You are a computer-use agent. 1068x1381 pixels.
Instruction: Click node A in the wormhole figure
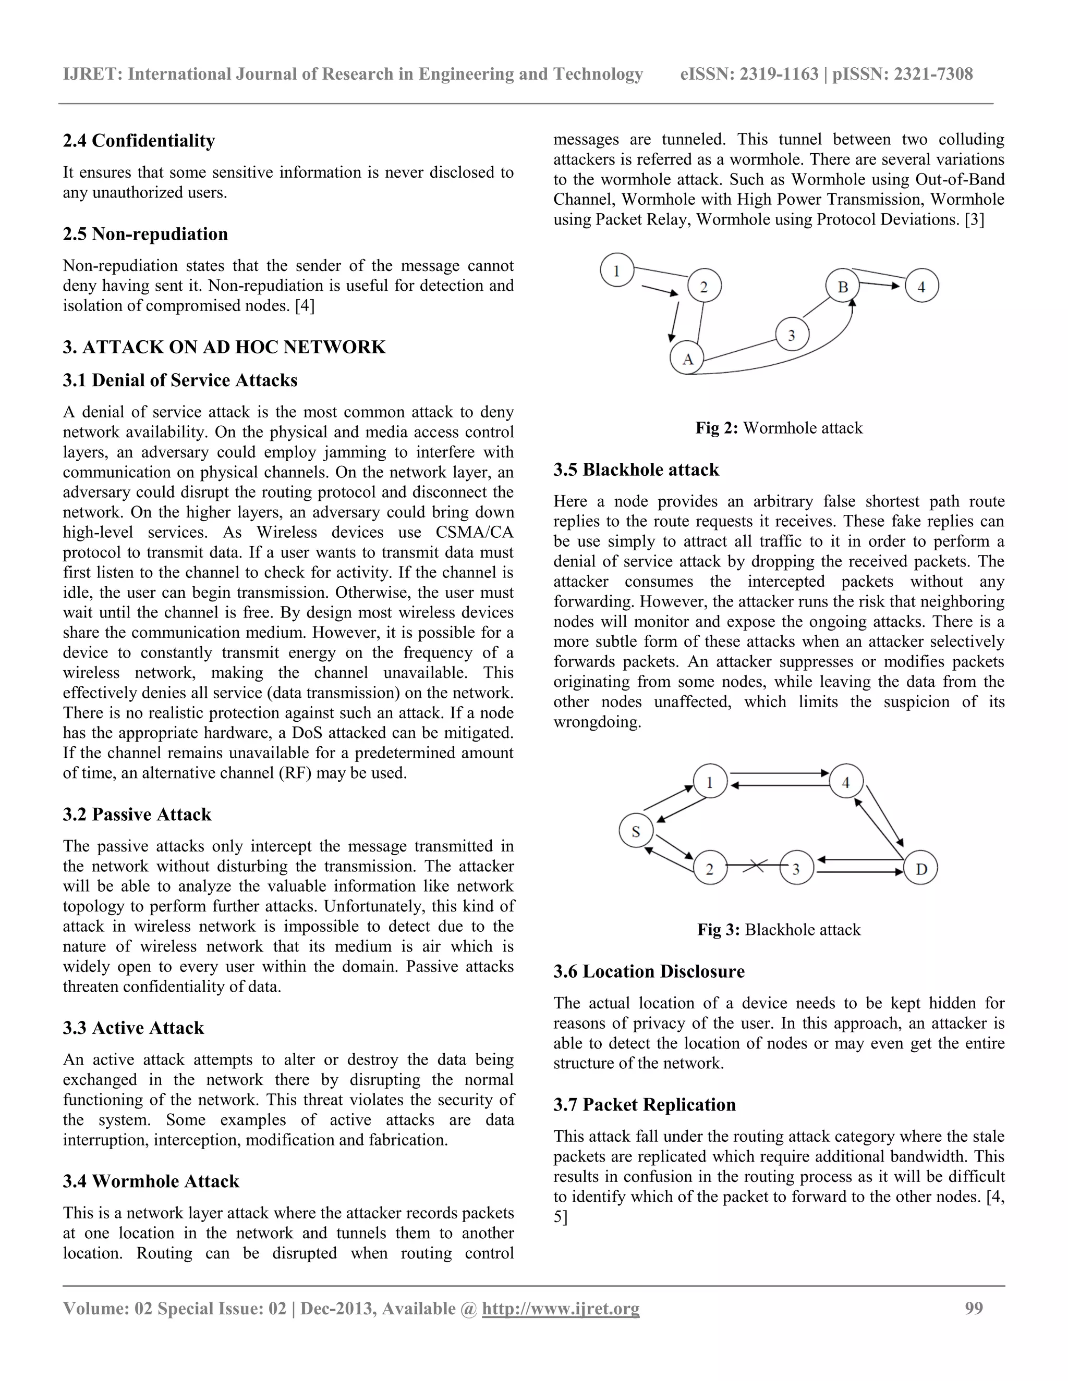pos(687,358)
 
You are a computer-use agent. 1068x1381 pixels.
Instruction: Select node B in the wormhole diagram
pos(843,287)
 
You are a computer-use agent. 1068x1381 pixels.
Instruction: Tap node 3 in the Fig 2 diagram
pos(792,334)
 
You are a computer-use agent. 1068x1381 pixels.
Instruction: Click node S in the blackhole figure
pos(636,832)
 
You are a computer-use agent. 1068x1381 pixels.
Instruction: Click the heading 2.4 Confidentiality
pos(139,140)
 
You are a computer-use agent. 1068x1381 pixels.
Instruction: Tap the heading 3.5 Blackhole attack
pos(636,469)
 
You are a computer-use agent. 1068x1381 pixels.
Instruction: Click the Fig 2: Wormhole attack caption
pos(779,428)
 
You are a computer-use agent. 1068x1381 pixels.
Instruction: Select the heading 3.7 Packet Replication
pos(644,1104)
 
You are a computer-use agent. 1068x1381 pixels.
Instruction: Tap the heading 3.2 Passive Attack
pos(137,814)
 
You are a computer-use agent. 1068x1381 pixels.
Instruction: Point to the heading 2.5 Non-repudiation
pos(145,234)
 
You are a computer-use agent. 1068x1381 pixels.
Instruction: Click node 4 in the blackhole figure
pos(846,782)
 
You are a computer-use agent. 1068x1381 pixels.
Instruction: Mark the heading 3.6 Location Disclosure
pos(649,971)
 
